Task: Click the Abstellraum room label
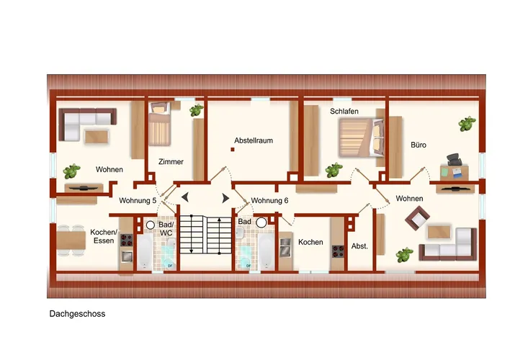click(x=254, y=140)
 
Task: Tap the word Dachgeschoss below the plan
click(x=77, y=314)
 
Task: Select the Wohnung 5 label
click(x=138, y=200)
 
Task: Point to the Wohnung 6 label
click(x=269, y=200)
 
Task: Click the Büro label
click(x=419, y=145)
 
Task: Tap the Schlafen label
click(x=344, y=111)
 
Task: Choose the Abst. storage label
click(x=359, y=246)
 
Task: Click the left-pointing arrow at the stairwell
click(x=184, y=197)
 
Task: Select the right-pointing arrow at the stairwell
click(x=225, y=198)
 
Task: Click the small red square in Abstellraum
click(x=233, y=150)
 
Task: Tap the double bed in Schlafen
click(x=361, y=138)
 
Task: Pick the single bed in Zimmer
click(x=160, y=124)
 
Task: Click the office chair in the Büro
click(x=455, y=159)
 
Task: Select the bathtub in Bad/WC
click(x=144, y=251)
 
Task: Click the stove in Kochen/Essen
click(x=127, y=240)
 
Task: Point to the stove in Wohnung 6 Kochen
click(x=338, y=251)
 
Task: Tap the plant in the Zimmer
click(x=197, y=111)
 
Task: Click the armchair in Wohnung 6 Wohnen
click(x=417, y=218)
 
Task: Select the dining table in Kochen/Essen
click(x=71, y=240)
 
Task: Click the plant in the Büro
click(x=467, y=124)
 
